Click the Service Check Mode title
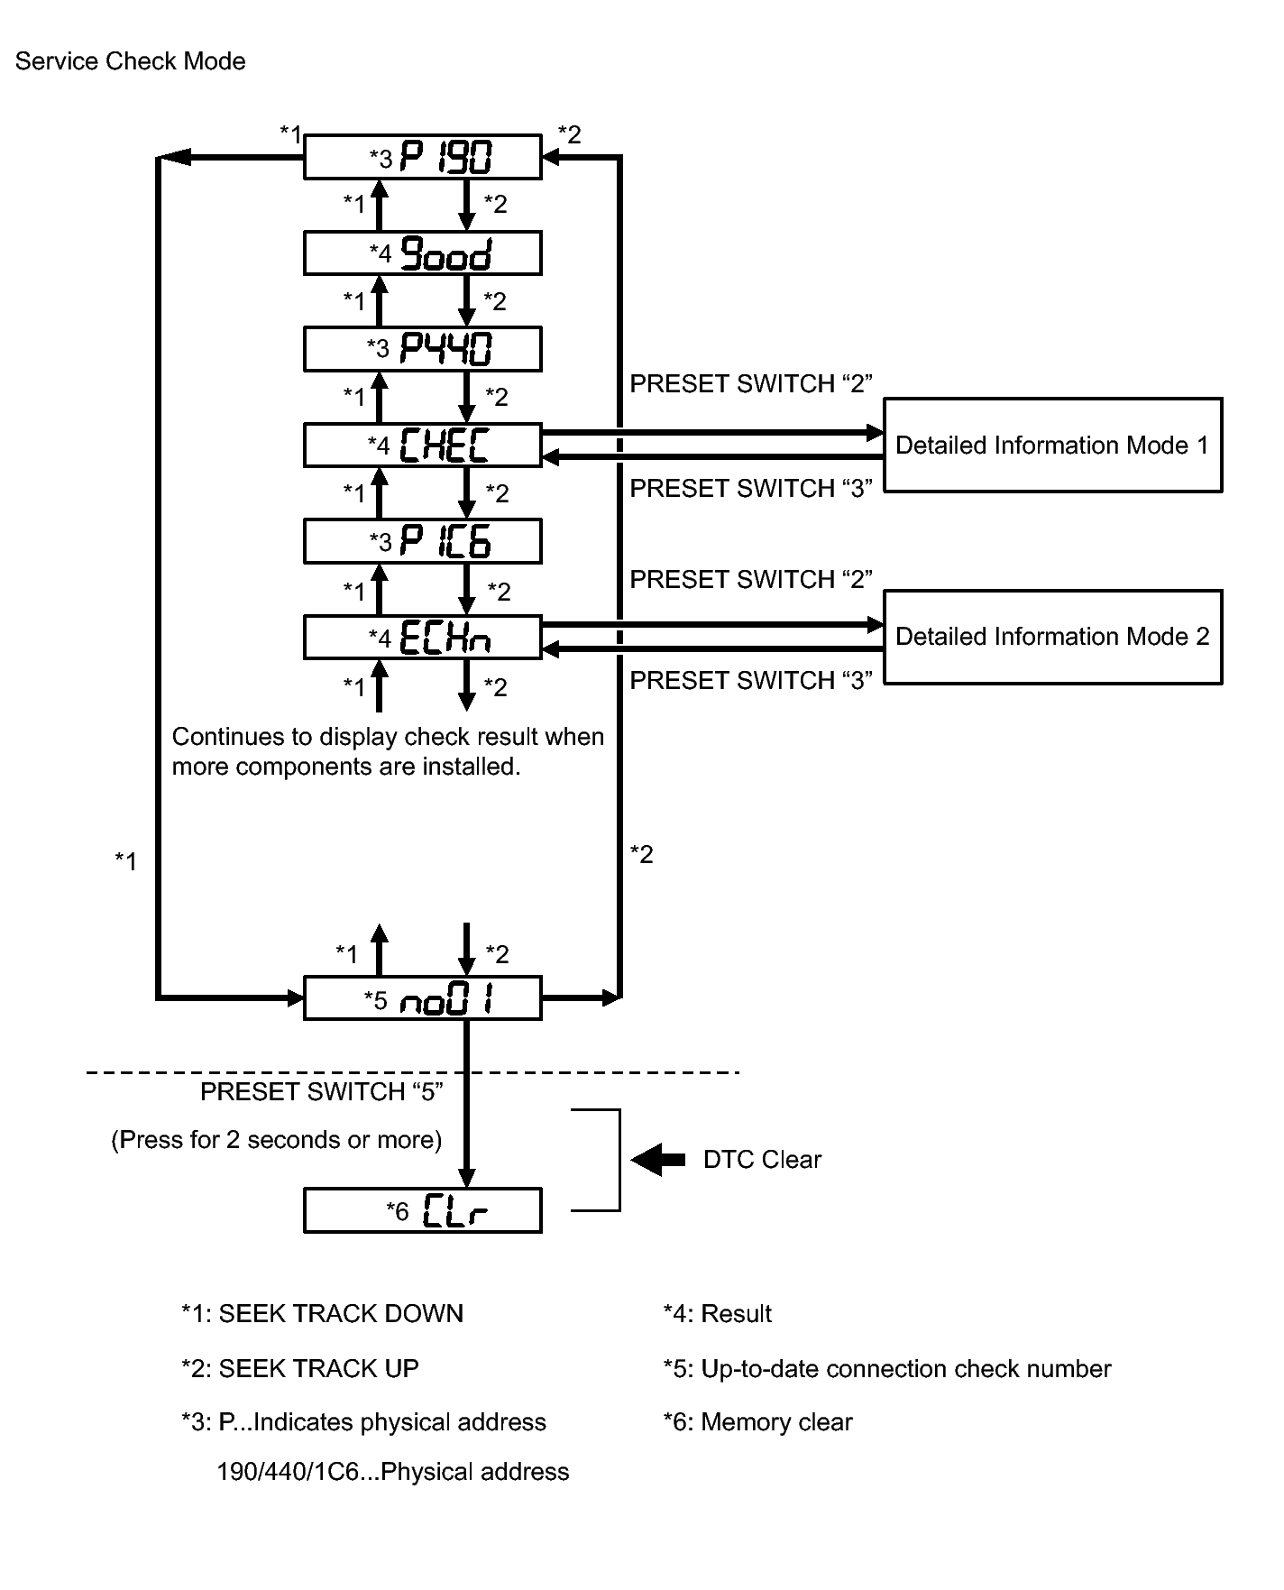[x=131, y=61]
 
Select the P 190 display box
[x=422, y=158]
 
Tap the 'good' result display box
[x=422, y=253]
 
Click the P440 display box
[x=422, y=349]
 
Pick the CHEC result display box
[x=422, y=445]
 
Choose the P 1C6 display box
[x=422, y=541]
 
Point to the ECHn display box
[x=422, y=638]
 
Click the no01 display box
[x=422, y=998]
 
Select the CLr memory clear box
[x=422, y=1210]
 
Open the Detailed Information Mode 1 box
[x=1052, y=446]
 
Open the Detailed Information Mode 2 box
[x=1052, y=637]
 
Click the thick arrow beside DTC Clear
[x=657, y=1160]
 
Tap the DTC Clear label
[x=762, y=1160]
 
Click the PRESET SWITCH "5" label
[x=321, y=1092]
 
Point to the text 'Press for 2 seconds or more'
[x=277, y=1140]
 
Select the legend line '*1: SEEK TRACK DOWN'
[x=322, y=1314]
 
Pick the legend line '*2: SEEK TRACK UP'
[x=300, y=1369]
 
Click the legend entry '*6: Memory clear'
[x=757, y=1422]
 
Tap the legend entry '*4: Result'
[x=718, y=1314]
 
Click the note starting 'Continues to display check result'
[x=388, y=751]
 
